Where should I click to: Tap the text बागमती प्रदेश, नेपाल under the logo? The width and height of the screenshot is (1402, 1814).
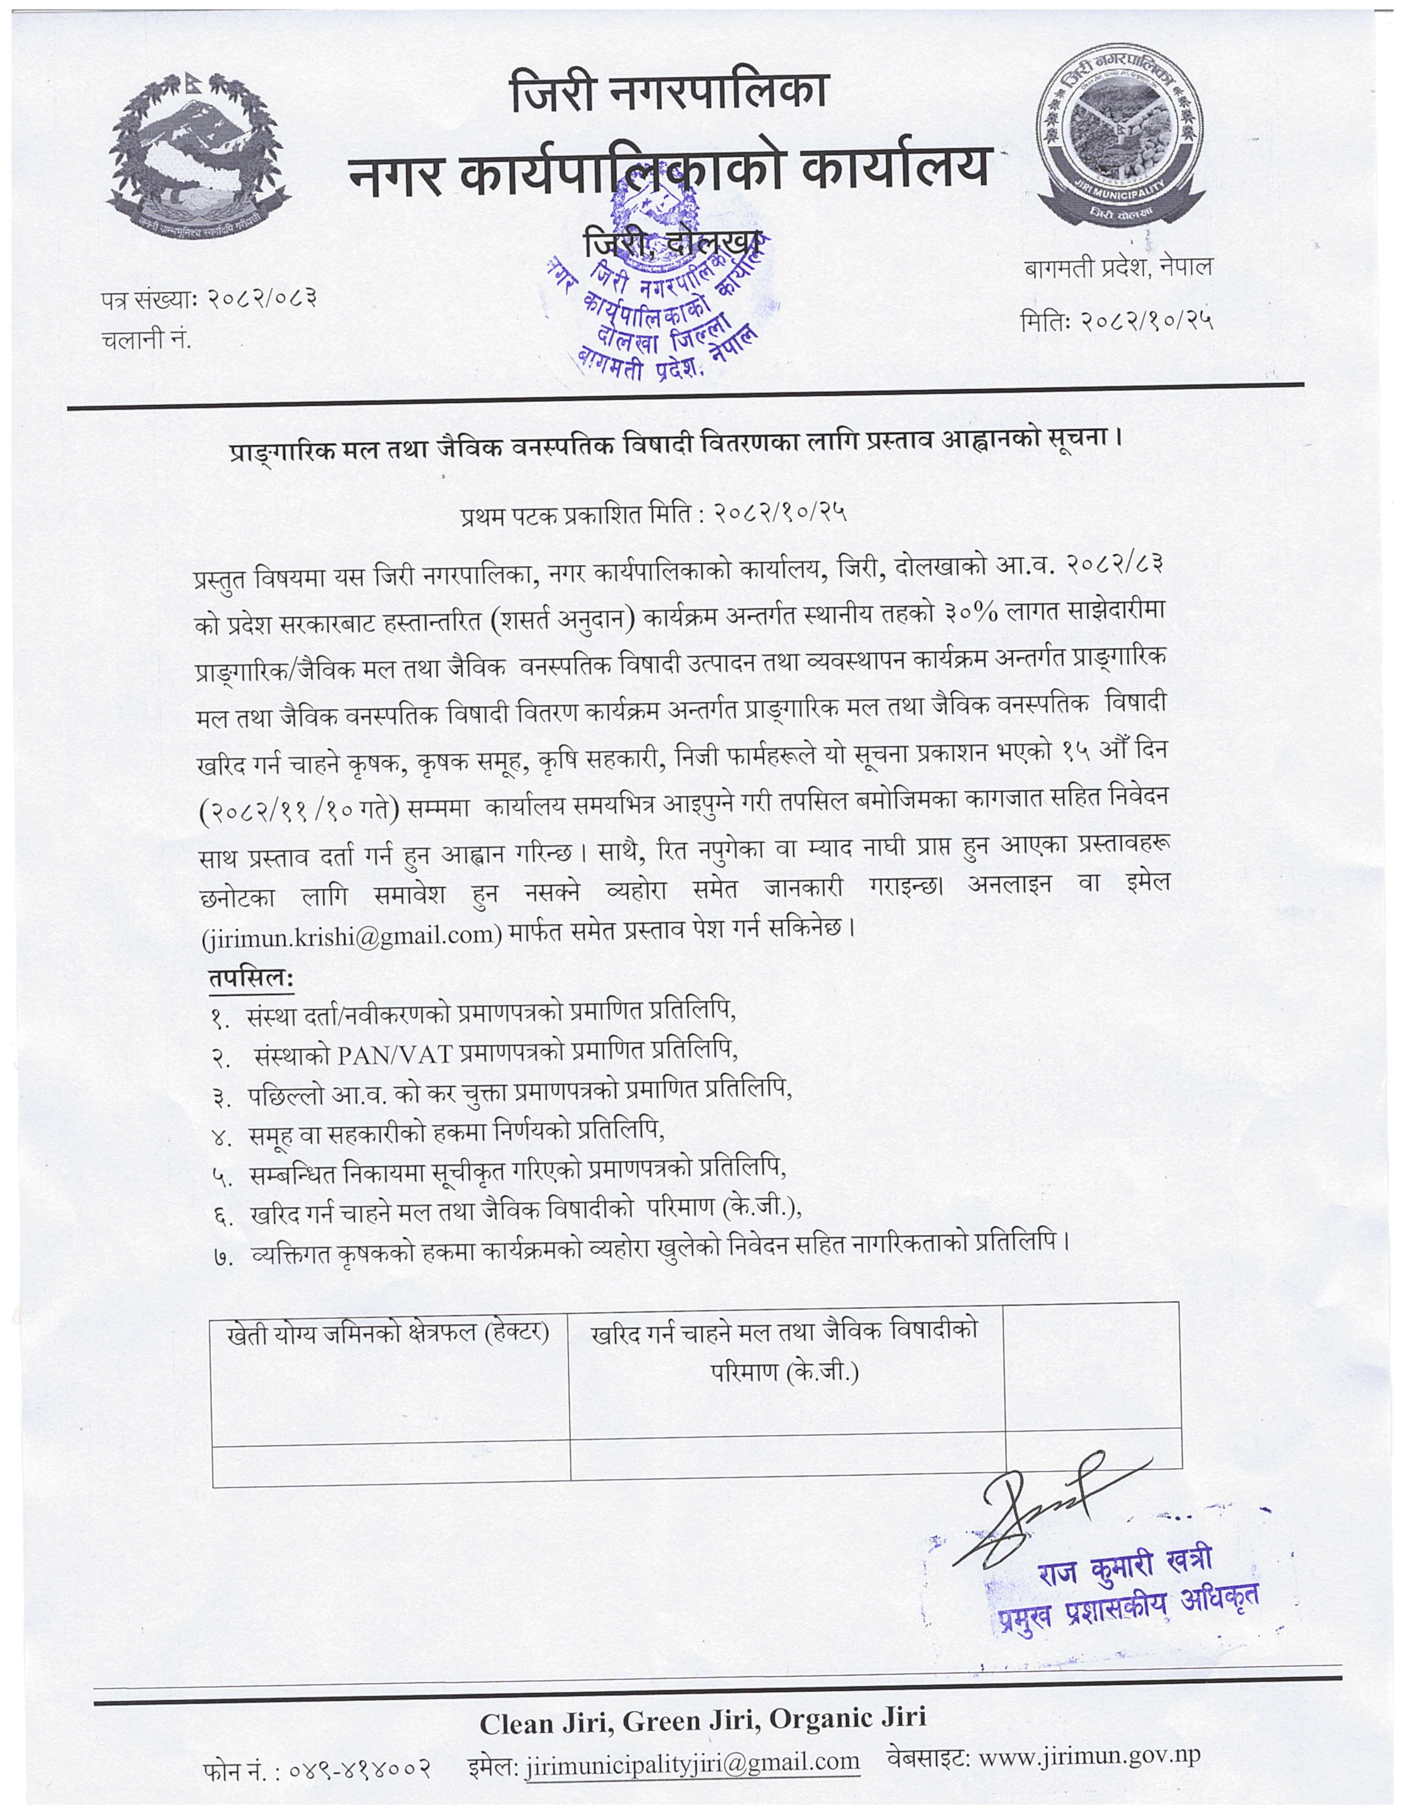pyautogui.click(x=1117, y=268)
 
